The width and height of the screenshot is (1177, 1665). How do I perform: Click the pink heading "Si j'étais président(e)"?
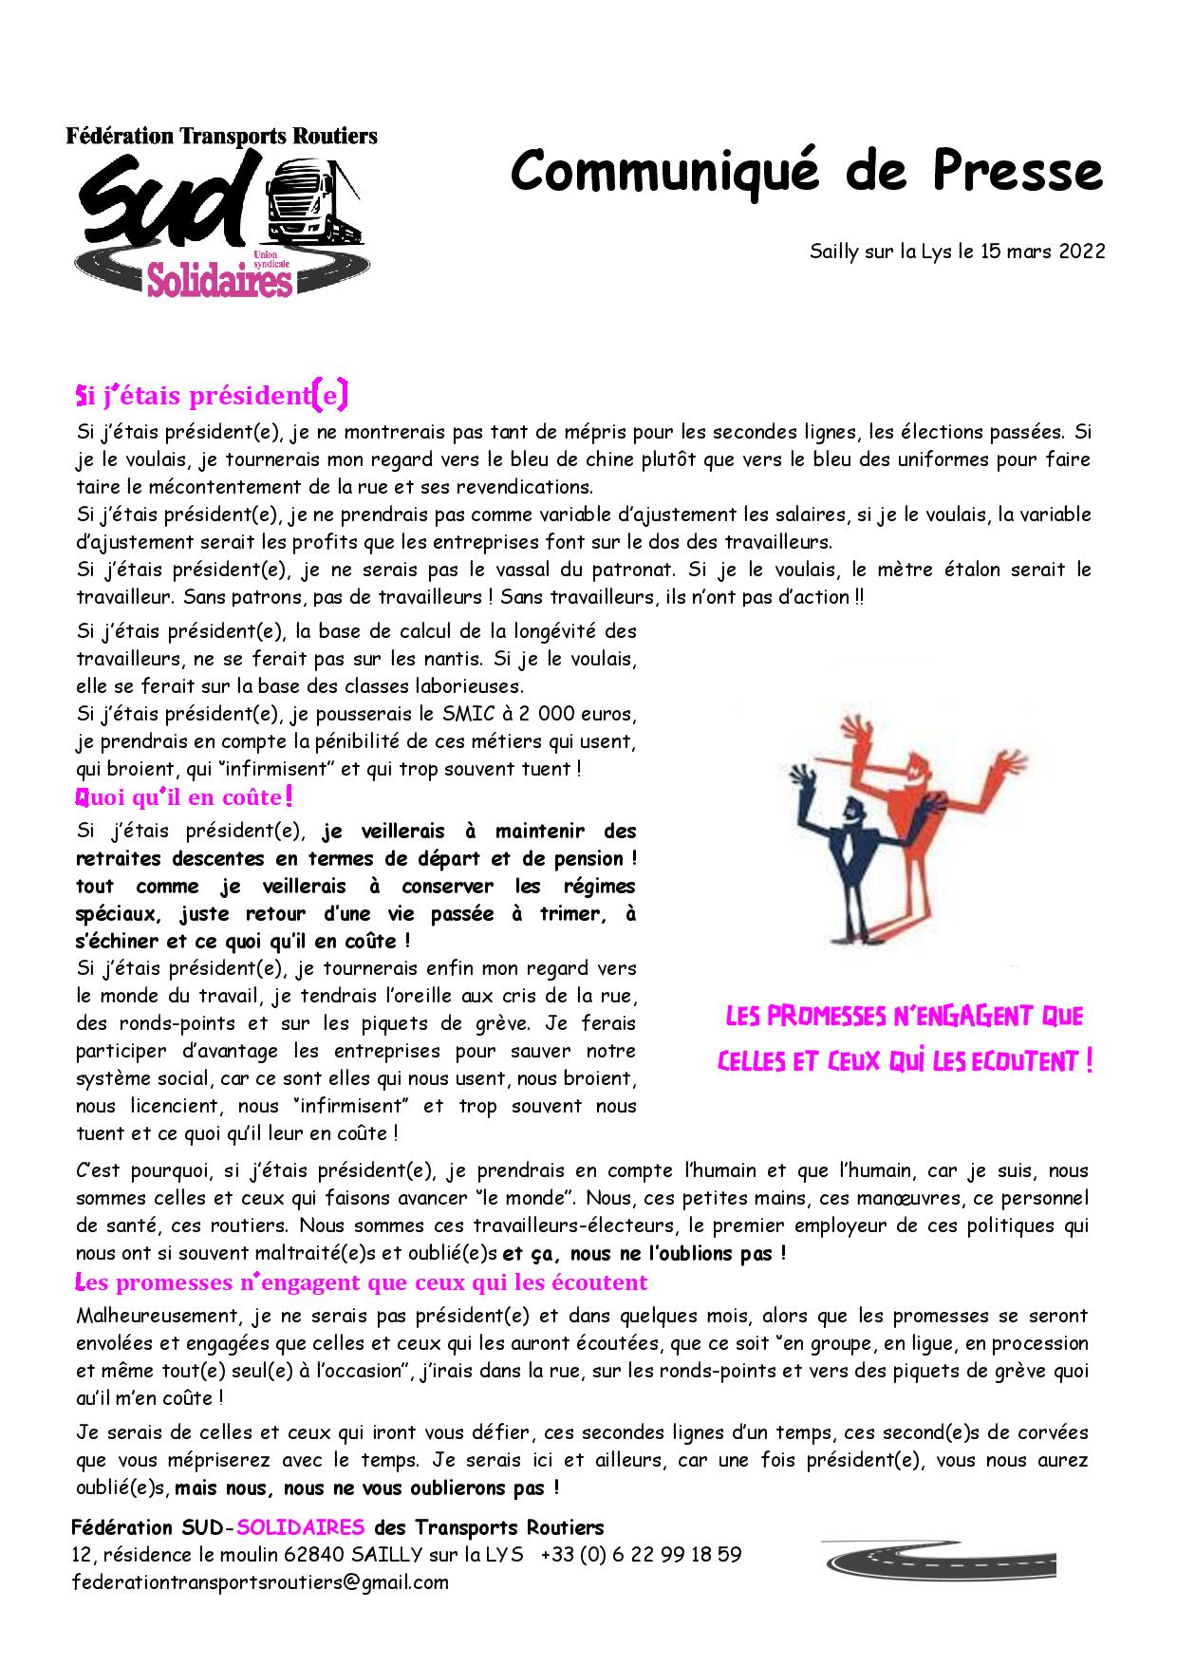point(212,393)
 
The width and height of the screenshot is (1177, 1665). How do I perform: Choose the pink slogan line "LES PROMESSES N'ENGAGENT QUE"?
point(904,1017)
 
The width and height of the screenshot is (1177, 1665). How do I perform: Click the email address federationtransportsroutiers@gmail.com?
point(260,1582)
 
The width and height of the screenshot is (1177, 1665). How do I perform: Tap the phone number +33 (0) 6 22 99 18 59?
point(641,1555)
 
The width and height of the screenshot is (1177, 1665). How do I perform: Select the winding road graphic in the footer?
point(938,1561)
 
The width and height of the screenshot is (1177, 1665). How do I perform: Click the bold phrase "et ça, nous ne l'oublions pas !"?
point(645,1253)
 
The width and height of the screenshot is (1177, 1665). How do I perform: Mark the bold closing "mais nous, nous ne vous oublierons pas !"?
point(366,1487)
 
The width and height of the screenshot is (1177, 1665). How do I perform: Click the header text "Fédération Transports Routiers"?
point(221,136)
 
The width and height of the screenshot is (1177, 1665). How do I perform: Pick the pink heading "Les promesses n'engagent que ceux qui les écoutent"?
point(362,1283)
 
